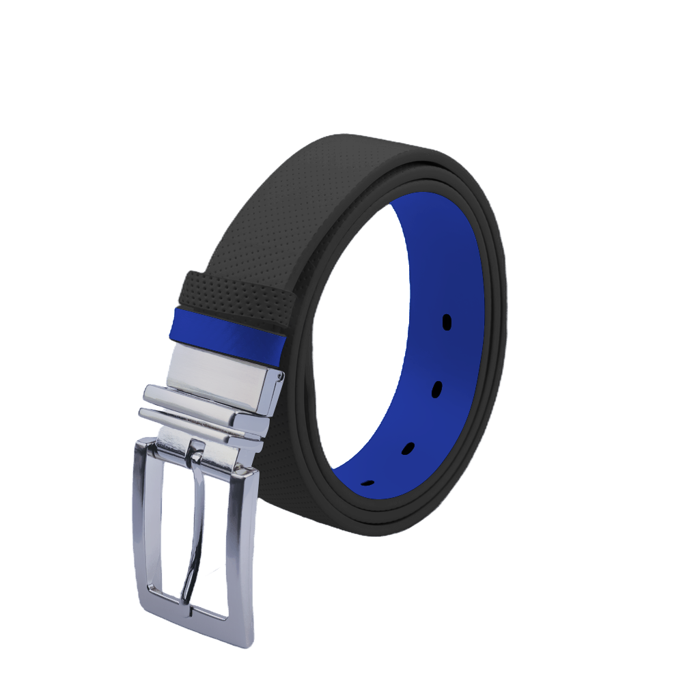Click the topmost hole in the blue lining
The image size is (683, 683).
click(447, 322)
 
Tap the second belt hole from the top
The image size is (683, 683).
click(436, 389)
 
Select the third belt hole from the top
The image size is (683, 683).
click(408, 448)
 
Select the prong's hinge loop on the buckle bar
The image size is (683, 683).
click(197, 451)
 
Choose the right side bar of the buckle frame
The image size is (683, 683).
click(244, 546)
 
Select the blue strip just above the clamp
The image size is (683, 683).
click(229, 331)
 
